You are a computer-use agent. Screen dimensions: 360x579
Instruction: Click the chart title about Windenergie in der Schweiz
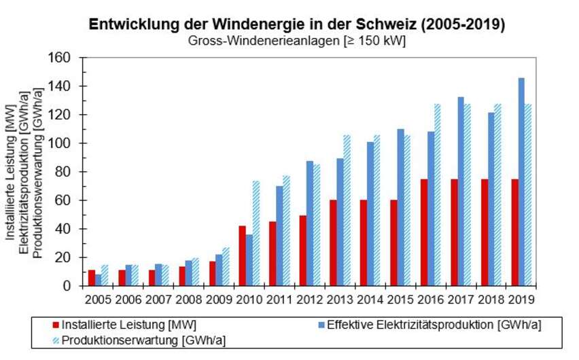297,24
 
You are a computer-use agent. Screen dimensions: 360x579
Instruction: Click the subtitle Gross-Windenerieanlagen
297,41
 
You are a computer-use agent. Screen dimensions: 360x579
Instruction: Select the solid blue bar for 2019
521,182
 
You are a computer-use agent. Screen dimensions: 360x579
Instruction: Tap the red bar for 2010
242,255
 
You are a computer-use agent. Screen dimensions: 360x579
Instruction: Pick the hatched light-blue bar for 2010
257,233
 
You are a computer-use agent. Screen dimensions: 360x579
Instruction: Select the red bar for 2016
423,232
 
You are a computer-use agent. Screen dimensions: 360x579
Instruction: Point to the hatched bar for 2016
438,195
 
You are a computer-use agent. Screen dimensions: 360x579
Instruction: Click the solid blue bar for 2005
99,280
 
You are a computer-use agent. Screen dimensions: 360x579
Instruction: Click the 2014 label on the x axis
370,300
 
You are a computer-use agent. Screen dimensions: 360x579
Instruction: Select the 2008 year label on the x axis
189,300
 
